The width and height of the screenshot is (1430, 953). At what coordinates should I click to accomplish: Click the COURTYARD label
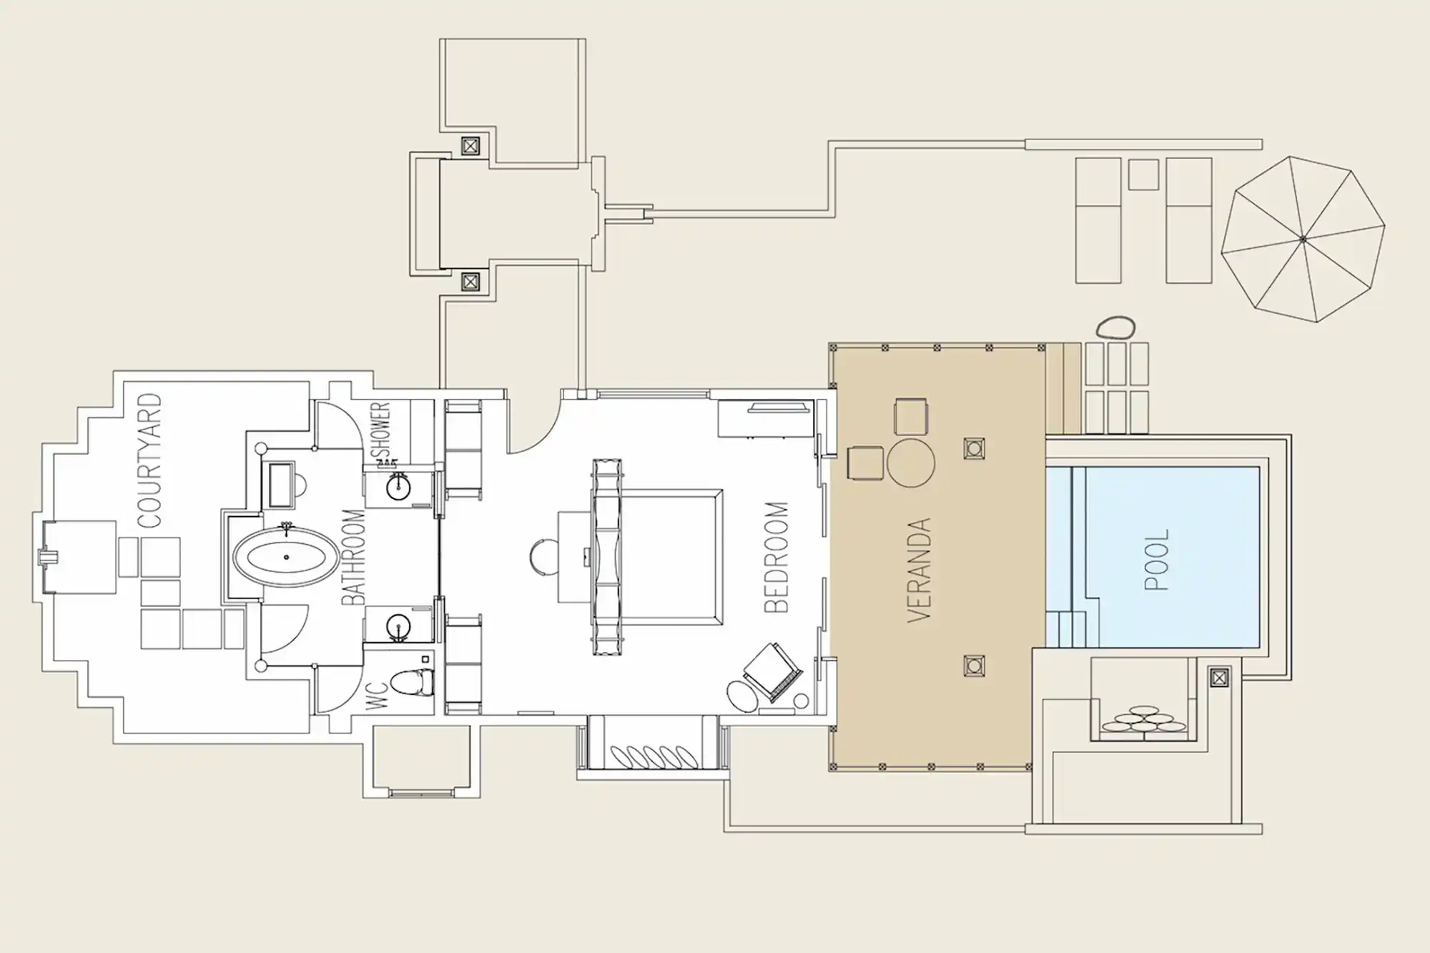click(x=150, y=460)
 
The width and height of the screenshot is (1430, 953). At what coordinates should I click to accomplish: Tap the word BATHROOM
click(x=353, y=557)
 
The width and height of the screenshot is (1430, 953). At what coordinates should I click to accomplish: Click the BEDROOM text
click(x=776, y=557)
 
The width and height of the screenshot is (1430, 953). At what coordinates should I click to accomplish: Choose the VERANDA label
click(x=919, y=570)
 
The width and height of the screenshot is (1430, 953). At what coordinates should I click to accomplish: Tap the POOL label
click(x=1157, y=560)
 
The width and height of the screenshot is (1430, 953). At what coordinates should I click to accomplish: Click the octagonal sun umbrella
click(x=1303, y=239)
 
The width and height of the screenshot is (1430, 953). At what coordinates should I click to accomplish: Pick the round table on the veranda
click(x=911, y=463)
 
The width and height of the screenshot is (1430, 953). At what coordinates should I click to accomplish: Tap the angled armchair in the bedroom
click(x=772, y=673)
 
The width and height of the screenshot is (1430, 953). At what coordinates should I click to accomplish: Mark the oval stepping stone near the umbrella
click(x=1115, y=329)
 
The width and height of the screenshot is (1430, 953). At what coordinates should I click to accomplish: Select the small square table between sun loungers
click(x=1143, y=174)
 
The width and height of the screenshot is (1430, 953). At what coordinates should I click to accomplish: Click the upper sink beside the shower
click(x=398, y=488)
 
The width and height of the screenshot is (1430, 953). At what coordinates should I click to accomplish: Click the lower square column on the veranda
click(x=974, y=666)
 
